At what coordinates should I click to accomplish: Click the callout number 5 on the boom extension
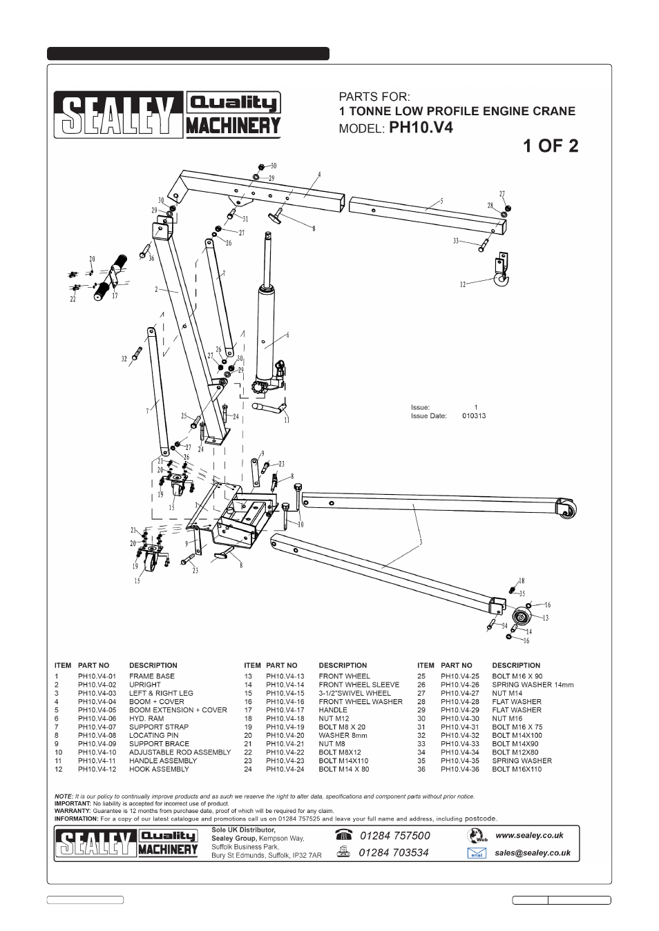[441, 201]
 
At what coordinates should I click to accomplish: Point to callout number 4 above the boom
[320, 174]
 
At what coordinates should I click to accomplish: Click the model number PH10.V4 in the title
[421, 128]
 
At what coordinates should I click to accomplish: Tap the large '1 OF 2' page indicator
[551, 146]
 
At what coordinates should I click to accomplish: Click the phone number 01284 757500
[394, 836]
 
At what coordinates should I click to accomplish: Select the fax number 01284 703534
[394, 852]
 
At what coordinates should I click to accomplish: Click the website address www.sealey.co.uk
[529, 835]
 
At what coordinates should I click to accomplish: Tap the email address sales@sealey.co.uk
[532, 852]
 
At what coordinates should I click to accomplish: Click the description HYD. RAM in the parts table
[146, 718]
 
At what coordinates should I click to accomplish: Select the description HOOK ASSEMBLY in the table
[159, 769]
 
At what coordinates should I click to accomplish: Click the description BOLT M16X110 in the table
[517, 769]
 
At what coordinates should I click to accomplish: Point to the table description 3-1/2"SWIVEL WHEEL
[354, 693]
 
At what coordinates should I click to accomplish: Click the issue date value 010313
[474, 416]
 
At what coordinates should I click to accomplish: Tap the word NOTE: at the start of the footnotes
[64, 796]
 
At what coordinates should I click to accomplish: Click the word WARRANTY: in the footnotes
[73, 811]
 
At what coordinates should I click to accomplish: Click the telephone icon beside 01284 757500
[343, 835]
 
